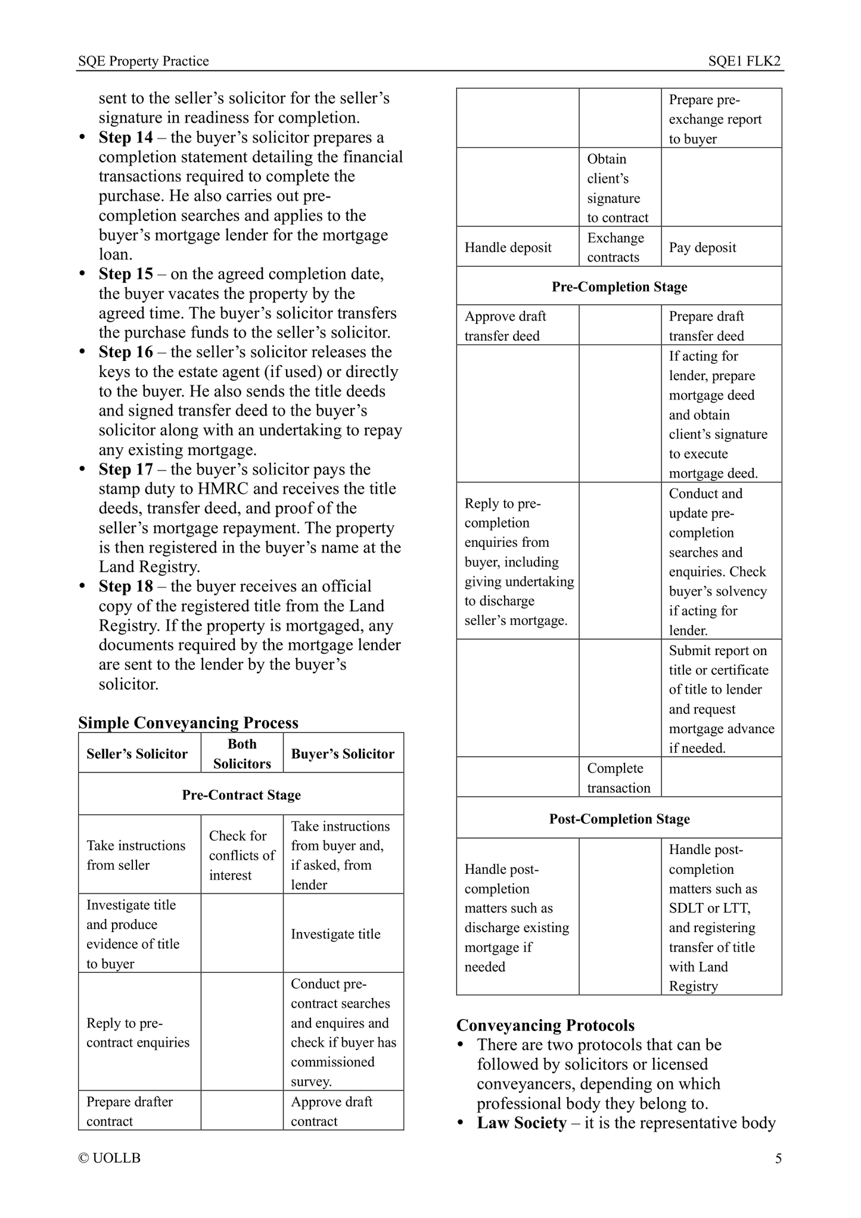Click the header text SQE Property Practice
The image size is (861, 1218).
click(143, 61)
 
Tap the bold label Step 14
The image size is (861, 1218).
click(126, 138)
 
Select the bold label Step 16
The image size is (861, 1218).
click(126, 352)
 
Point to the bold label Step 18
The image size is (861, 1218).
click(126, 587)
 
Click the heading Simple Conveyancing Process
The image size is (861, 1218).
click(188, 722)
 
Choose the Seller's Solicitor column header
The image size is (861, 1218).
click(137, 754)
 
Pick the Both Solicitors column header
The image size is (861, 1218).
click(242, 754)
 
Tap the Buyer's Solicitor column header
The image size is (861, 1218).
click(343, 754)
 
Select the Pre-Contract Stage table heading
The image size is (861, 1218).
click(241, 795)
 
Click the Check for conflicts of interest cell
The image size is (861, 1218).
click(242, 855)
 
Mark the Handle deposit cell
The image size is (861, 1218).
click(508, 248)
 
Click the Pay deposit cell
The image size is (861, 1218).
click(703, 248)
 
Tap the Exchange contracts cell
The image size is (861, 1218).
click(616, 248)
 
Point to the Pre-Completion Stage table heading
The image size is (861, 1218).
click(619, 287)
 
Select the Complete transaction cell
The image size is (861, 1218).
click(618, 778)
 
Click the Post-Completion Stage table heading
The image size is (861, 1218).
click(619, 819)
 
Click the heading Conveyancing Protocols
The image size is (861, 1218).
click(545, 1025)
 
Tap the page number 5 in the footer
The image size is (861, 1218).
click(778, 1158)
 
